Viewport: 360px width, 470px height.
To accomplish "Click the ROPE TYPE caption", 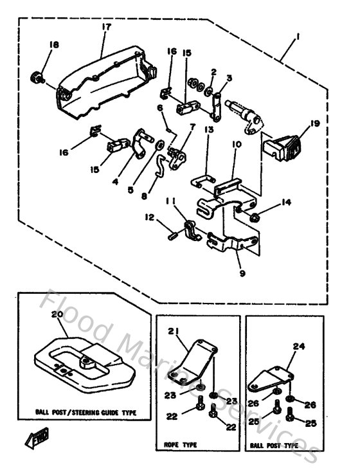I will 181,444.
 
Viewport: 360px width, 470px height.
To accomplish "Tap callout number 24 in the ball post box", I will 298,345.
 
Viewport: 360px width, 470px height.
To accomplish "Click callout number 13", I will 209,129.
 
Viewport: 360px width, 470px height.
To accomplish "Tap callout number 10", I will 235,146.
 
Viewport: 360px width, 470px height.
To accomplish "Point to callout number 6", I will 159,107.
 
